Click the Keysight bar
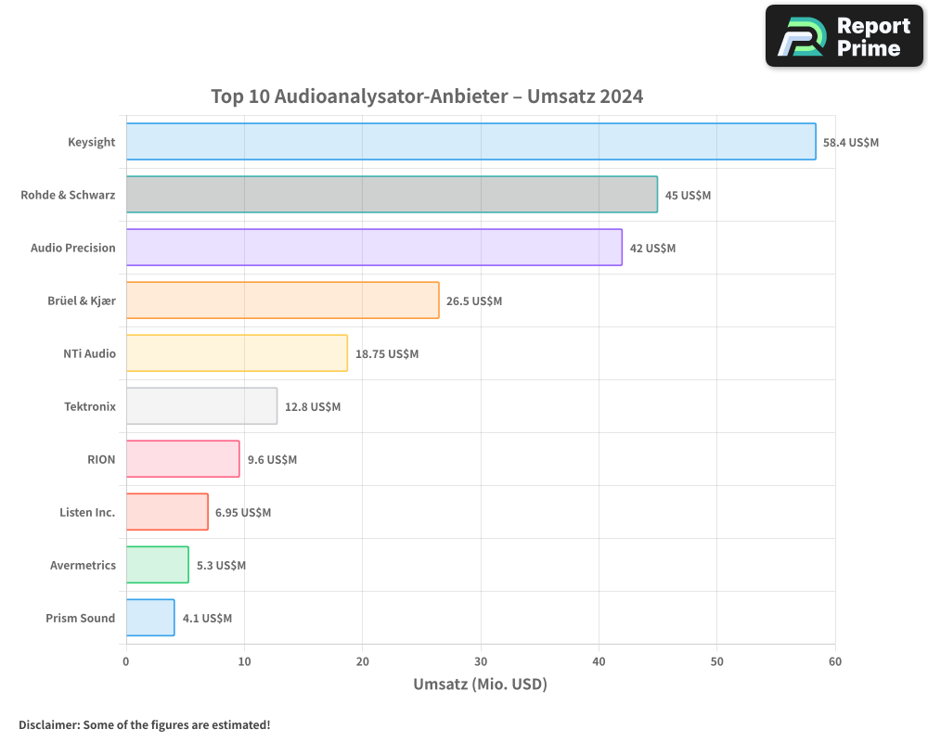[470, 142]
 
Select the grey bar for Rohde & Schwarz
[392, 195]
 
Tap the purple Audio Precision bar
[374, 248]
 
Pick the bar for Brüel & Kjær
[282, 301]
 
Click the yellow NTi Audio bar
[237, 353]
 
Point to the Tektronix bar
[201, 406]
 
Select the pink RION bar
[183, 459]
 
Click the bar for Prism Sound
[150, 618]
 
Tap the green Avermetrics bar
[157, 565]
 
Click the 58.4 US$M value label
[851, 143]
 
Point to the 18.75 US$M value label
[387, 354]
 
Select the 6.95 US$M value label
[243, 513]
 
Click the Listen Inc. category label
[87, 513]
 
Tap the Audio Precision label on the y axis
[73, 249]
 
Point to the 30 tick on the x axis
[481, 661]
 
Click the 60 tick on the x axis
[835, 661]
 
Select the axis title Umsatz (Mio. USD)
[480, 684]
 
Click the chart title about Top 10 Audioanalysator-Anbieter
[427, 96]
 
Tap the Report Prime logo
[844, 36]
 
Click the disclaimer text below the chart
[145, 724]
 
